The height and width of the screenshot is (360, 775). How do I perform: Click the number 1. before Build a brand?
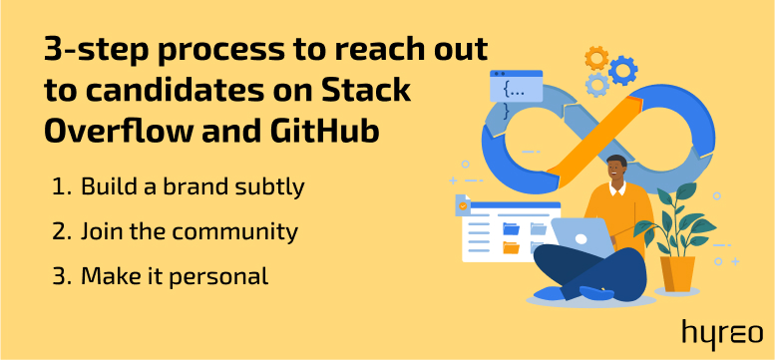[x=62, y=187]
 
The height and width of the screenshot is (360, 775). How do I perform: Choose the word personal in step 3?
[x=218, y=277]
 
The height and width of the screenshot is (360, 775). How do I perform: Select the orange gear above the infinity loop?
[x=596, y=58]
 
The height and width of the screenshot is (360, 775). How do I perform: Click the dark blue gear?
[x=622, y=70]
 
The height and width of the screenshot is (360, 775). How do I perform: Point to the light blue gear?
[x=597, y=85]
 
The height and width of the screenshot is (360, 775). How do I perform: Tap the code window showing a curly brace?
[x=516, y=92]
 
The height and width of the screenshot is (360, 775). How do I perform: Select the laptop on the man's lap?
[x=581, y=238]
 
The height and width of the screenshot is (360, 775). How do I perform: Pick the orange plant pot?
[x=677, y=273]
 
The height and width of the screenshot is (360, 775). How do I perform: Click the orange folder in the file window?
[x=511, y=247]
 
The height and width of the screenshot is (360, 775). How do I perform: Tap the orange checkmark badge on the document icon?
[x=463, y=206]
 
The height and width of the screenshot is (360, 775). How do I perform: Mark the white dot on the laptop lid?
[x=581, y=239]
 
